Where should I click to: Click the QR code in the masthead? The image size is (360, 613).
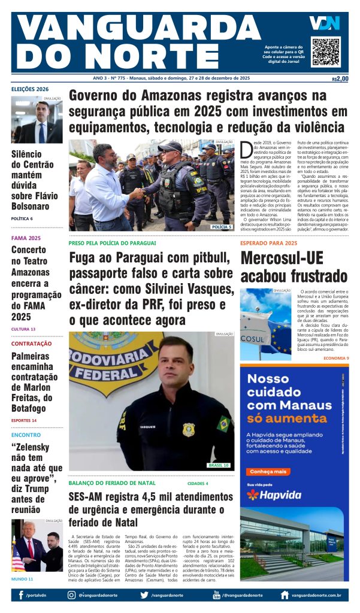coord(326,51)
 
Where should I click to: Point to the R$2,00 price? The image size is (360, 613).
coord(340,78)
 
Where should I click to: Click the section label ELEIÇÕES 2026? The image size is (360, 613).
coord(30,90)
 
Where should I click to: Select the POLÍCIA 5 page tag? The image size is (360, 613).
coord(221,227)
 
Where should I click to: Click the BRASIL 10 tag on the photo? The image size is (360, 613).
coord(218,465)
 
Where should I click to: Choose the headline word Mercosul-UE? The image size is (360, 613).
coord(282,258)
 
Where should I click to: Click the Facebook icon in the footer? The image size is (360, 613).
coord(21,595)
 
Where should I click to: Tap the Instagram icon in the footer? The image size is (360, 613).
coord(72,595)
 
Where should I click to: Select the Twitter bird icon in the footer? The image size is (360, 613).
coord(144,595)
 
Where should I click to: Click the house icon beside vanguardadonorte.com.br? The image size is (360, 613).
coord(285,595)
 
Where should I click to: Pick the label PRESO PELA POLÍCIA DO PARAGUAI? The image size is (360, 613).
coord(112,243)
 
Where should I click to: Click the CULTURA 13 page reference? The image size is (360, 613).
coord(23,329)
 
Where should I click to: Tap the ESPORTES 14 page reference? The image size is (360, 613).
coord(24,420)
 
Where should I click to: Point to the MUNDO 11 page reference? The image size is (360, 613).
coord(22,579)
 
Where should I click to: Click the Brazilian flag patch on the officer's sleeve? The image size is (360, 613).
coord(223,424)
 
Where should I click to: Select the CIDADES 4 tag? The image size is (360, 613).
coord(198,483)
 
